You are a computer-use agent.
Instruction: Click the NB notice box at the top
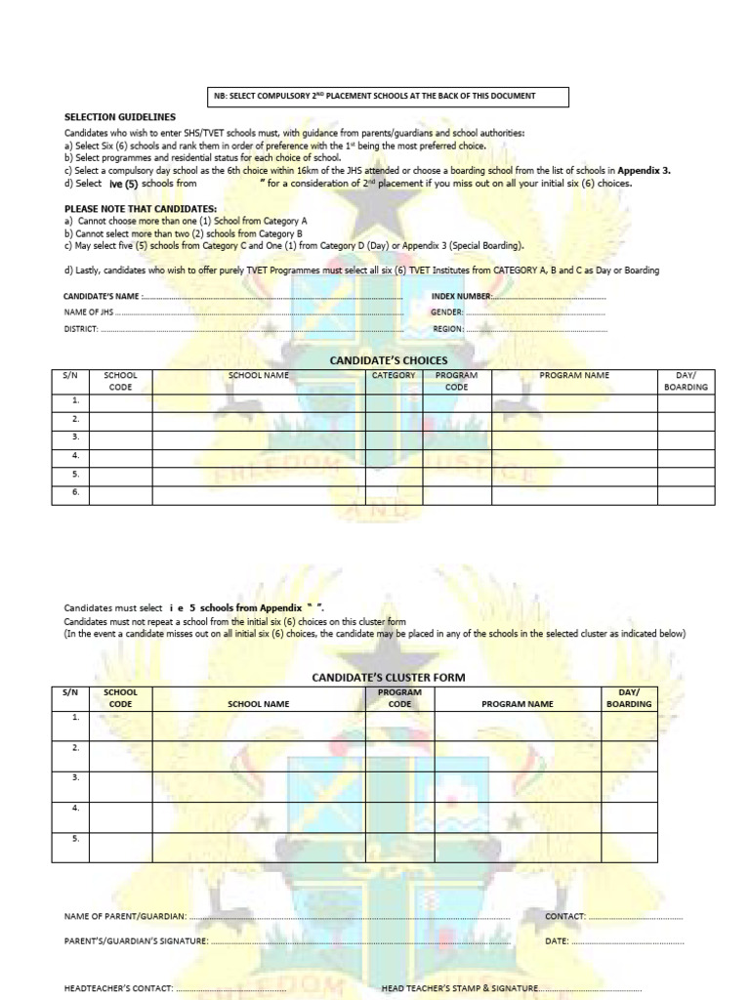click(x=389, y=96)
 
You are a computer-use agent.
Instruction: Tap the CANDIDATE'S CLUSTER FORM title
click(x=374, y=677)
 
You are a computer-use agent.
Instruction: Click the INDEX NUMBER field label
click(x=461, y=295)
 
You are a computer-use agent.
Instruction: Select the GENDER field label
click(x=447, y=312)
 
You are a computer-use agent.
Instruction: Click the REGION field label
click(x=447, y=329)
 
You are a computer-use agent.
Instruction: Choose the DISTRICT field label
click(x=82, y=329)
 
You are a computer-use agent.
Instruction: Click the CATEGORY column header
click(x=394, y=375)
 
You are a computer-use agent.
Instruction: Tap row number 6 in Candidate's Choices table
click(x=74, y=493)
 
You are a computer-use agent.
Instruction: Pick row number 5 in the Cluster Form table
click(x=74, y=839)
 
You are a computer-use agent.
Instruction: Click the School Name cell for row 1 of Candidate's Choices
click(x=258, y=402)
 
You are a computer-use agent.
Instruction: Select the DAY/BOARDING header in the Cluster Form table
click(x=629, y=697)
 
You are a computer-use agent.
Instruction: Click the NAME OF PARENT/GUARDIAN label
click(x=124, y=917)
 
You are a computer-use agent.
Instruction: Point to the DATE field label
click(x=557, y=940)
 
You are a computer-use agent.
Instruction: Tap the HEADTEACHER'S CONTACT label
click(x=118, y=987)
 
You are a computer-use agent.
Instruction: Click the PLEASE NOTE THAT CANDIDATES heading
click(x=141, y=209)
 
